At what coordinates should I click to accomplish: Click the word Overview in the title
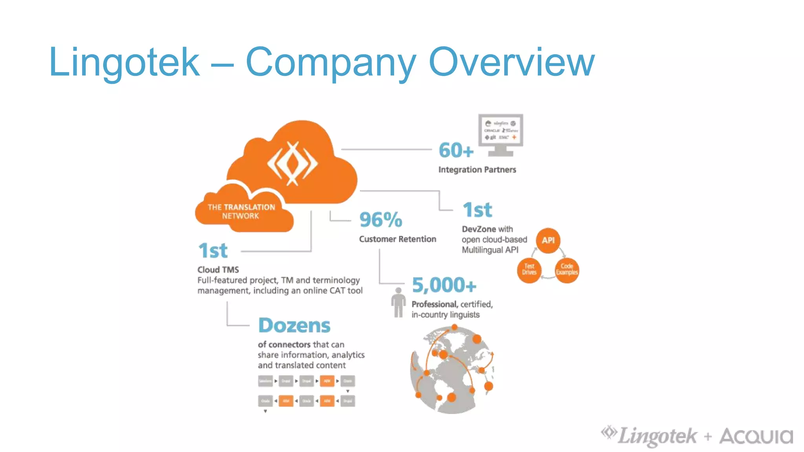point(512,62)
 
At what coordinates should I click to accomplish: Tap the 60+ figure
point(456,150)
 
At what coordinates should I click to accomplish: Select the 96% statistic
point(380,219)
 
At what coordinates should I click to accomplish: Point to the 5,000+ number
point(444,285)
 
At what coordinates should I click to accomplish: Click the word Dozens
point(294,325)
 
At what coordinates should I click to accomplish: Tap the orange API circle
point(548,240)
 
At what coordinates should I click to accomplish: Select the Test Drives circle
point(529,270)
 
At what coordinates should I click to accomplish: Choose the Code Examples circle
point(566,270)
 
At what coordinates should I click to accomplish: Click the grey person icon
point(398,303)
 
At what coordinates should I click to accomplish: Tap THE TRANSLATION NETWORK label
point(241,211)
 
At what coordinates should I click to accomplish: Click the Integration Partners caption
point(477,169)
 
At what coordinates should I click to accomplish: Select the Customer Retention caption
point(397,239)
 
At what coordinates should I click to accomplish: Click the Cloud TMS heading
point(218,270)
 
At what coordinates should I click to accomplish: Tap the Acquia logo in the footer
point(756,436)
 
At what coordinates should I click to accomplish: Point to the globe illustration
point(451,371)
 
